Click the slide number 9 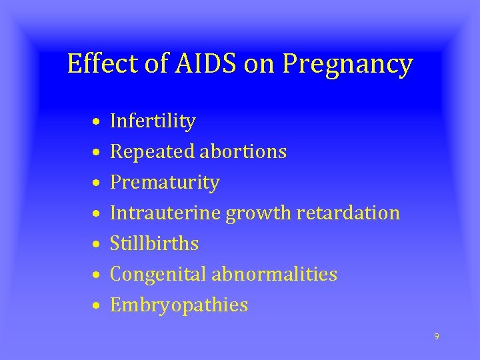[x=437, y=336]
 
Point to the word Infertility [x=153, y=121]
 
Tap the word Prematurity [x=165, y=183]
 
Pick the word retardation [x=348, y=213]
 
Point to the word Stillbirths [x=154, y=244]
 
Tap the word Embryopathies [x=179, y=306]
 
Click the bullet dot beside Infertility [x=97, y=123]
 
